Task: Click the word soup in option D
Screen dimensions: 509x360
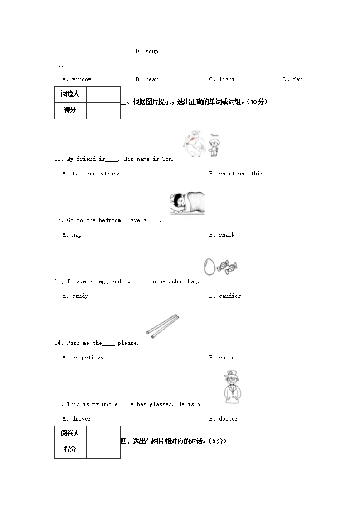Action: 152,51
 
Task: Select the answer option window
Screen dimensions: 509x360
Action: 82,79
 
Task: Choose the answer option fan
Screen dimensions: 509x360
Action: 297,79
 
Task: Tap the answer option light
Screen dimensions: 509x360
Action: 227,79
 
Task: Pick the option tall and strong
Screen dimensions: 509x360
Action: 96,174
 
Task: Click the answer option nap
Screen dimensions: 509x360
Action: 77,235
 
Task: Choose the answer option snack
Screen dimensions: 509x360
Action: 227,235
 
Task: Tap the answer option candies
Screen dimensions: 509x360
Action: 230,296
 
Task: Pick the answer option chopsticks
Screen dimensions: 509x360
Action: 88,358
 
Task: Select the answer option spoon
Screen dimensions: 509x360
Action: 227,358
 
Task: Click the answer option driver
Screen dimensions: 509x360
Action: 81,419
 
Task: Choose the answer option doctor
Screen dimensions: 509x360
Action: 228,419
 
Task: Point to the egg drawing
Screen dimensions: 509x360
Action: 209,267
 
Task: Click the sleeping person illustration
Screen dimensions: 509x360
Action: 187,203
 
